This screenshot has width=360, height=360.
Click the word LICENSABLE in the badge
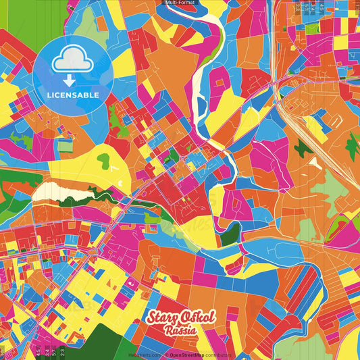73,95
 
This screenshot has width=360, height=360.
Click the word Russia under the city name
180,332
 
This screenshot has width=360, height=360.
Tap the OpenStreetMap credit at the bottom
188,354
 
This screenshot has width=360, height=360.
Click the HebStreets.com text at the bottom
144,354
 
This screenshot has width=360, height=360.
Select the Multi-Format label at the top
180,3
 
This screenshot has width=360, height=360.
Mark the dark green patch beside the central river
230,234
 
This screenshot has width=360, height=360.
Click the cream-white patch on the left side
51,192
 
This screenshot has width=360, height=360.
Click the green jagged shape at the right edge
352,146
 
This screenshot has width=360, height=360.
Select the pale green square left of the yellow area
65,145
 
